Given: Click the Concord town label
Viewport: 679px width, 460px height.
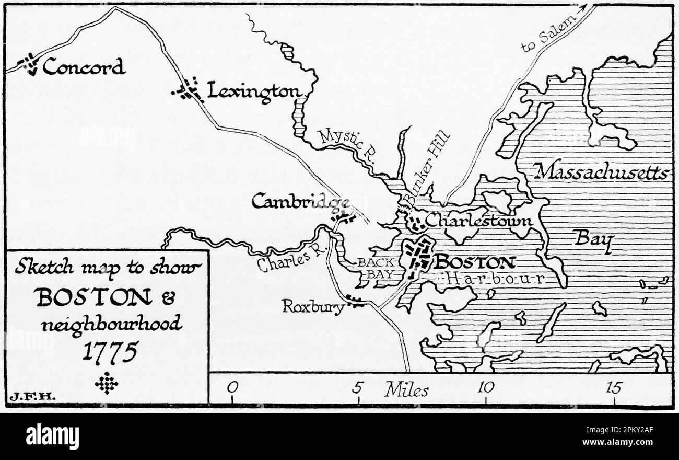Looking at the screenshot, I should (84, 67).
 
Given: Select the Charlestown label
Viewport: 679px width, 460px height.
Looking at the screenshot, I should (478, 221).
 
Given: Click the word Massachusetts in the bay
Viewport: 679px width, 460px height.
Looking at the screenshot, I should (601, 171).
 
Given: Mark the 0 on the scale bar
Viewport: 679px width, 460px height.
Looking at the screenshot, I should (232, 387).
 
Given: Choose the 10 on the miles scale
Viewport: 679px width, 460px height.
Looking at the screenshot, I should (486, 387).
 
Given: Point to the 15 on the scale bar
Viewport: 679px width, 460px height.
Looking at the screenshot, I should (614, 387).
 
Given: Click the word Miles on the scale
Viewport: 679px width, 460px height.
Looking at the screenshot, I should (406, 389).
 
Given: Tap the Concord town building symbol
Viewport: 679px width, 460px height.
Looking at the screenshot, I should (29, 64).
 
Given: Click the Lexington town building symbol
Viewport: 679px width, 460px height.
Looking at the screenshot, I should (188, 90).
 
